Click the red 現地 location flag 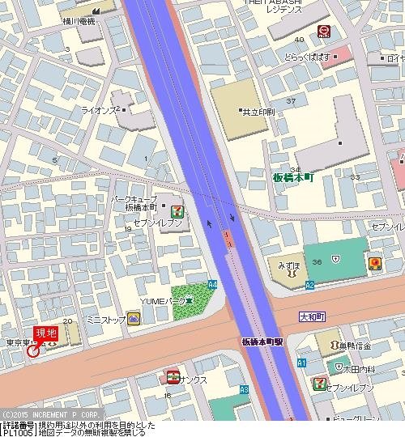45,333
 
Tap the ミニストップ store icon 134,320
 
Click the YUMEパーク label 164,301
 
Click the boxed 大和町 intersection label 311,316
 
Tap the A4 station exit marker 212,285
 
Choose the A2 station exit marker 309,286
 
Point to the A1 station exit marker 301,363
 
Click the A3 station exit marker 244,389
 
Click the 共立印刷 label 258,111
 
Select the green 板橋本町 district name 292,176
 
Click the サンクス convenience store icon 173,376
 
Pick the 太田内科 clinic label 356,369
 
